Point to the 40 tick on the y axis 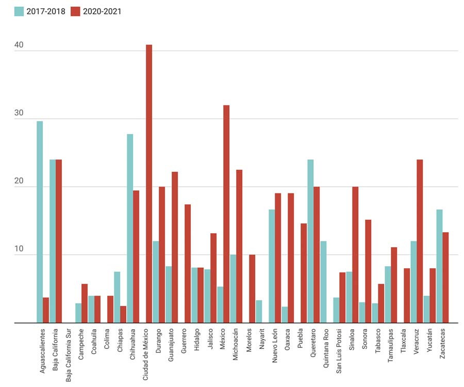(x=19, y=45)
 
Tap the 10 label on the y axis (x=19, y=249)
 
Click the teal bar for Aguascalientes (x=40, y=222)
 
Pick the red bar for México (x=226, y=214)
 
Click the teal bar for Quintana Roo (x=323, y=282)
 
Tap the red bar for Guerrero (x=188, y=264)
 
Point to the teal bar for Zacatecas (x=439, y=266)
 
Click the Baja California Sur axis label (x=69, y=356)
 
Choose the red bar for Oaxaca (x=291, y=258)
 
